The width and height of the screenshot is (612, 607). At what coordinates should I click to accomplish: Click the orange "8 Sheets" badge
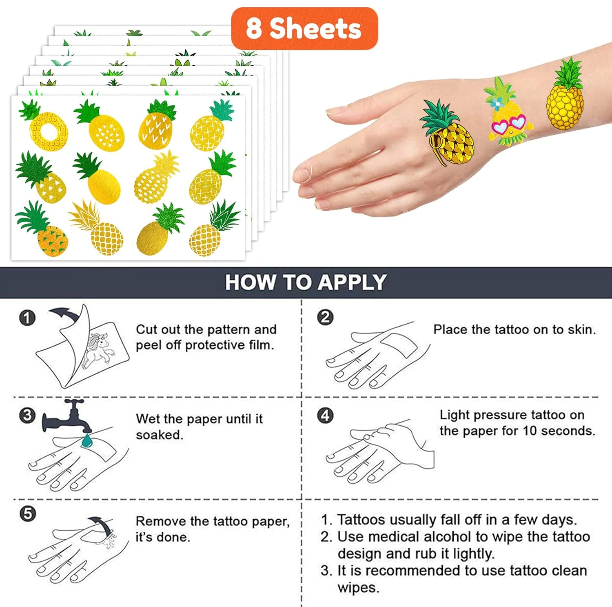304,29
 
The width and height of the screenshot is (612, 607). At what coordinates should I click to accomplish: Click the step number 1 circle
27,318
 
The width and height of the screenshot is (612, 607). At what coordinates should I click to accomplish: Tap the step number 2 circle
325,317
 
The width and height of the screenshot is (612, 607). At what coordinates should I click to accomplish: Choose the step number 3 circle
27,415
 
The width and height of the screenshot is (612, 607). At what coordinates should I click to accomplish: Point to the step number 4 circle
325,415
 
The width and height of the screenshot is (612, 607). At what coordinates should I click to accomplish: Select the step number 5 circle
27,514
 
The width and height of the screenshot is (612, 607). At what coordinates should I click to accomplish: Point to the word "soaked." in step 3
160,435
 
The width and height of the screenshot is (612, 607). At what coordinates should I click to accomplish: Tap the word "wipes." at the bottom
358,588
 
